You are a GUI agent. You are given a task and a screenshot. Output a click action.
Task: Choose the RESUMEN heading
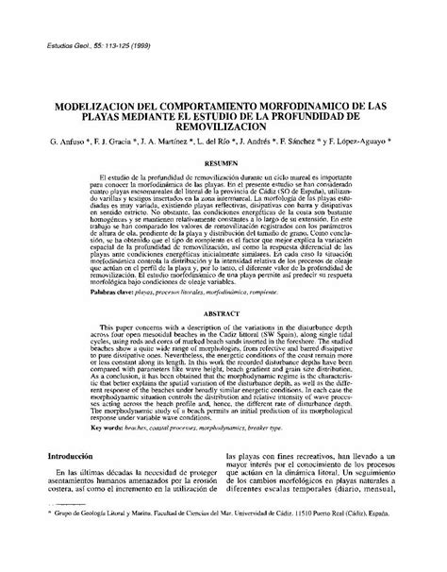coord(223,162)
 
